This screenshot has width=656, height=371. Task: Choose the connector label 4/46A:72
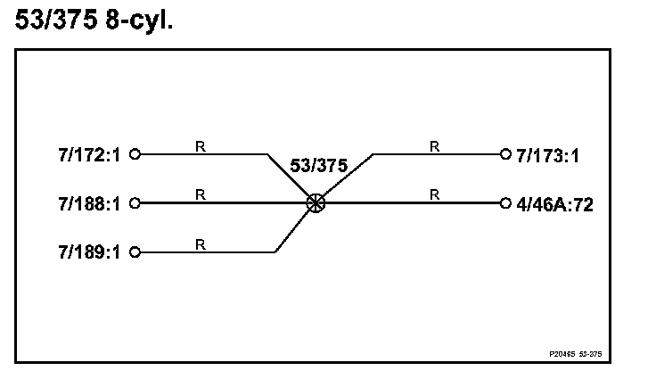click(554, 203)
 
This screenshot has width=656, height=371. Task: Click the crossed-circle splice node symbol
click(315, 202)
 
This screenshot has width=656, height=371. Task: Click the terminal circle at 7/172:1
click(135, 154)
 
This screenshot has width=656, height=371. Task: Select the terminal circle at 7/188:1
click(135, 202)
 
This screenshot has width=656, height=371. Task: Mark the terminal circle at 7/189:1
click(135, 251)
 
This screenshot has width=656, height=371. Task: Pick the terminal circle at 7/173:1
click(505, 154)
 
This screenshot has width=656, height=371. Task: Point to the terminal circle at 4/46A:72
click(505, 202)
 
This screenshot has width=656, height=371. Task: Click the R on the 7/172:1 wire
click(201, 145)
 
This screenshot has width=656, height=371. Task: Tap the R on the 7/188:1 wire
click(201, 194)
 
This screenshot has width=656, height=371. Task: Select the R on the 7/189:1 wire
click(201, 243)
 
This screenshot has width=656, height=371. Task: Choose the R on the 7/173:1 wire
click(434, 145)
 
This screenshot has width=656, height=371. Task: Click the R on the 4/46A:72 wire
click(434, 194)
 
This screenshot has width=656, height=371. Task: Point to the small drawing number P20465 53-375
click(576, 353)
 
